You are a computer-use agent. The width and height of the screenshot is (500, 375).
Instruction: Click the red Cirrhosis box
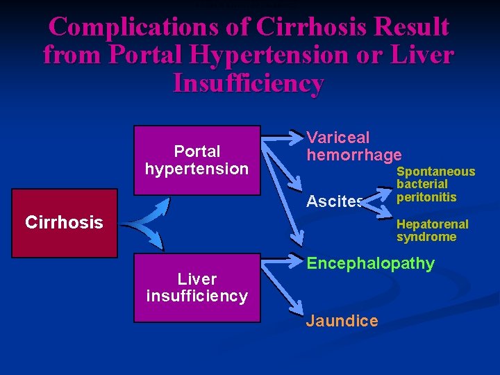click(64, 222)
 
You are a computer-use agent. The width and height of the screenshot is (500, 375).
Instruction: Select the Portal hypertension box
click(197, 160)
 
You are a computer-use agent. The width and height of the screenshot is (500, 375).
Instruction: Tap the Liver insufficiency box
click(197, 287)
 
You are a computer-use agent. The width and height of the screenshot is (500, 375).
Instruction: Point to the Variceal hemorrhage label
click(353, 147)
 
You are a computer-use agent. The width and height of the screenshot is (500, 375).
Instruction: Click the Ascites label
click(335, 202)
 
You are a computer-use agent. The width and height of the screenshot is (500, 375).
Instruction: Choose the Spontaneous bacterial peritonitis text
click(435, 184)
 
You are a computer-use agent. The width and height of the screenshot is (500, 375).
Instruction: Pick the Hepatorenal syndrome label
click(432, 231)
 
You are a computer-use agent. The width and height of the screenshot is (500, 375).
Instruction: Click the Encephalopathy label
click(370, 264)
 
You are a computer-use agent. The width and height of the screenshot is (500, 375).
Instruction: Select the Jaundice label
click(342, 321)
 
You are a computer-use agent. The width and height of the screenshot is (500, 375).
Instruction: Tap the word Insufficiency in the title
click(248, 83)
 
